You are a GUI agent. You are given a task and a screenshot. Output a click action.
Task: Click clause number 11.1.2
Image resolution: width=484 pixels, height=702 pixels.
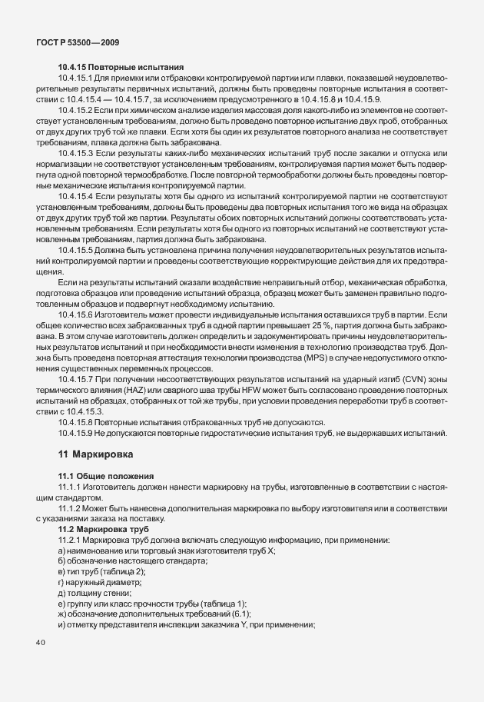pos(74,507)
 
